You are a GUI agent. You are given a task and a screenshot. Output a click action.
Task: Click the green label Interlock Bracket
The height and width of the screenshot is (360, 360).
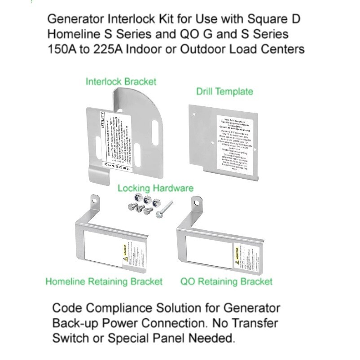[122, 82]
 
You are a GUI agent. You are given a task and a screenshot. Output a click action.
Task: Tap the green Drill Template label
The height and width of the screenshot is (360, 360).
[224, 92]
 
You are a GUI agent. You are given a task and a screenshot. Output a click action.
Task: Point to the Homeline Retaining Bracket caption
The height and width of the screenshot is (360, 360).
[104, 282]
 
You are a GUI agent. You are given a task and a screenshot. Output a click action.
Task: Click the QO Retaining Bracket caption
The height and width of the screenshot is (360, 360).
[226, 282]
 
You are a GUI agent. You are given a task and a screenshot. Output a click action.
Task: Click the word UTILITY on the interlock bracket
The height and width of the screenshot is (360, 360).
[103, 121]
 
